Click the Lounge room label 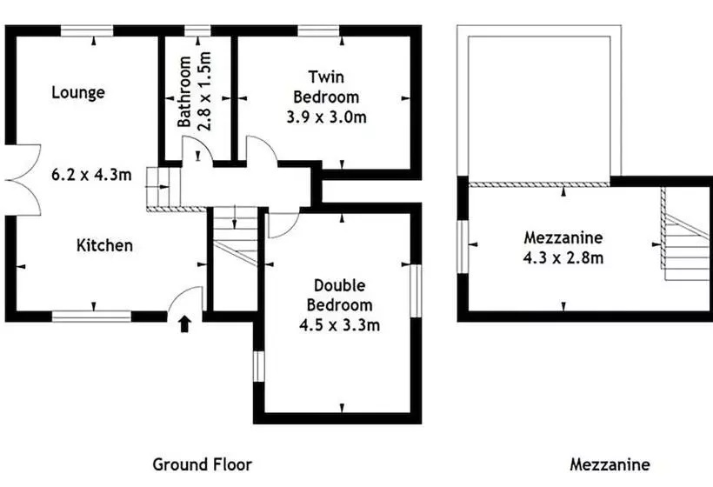click(x=78, y=93)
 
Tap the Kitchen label click(x=104, y=245)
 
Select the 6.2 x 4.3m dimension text click(x=91, y=174)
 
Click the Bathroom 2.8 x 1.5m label click(x=195, y=91)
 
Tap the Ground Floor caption click(x=203, y=464)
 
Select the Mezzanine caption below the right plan click(x=610, y=464)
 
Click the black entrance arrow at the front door click(x=184, y=324)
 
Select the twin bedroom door click(x=262, y=148)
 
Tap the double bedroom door click(x=283, y=223)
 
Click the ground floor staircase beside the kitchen click(x=236, y=236)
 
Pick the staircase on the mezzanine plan click(x=685, y=234)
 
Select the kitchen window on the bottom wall click(x=91, y=316)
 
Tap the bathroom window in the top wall click(x=197, y=31)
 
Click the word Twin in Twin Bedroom click(x=326, y=77)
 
